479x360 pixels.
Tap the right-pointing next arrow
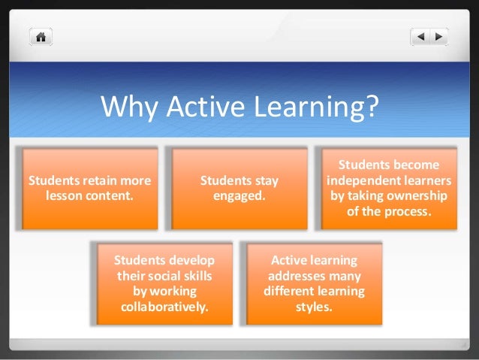438,35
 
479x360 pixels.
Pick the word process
408,211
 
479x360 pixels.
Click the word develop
191,261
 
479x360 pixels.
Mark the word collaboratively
164,307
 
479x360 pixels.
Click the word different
290,291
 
